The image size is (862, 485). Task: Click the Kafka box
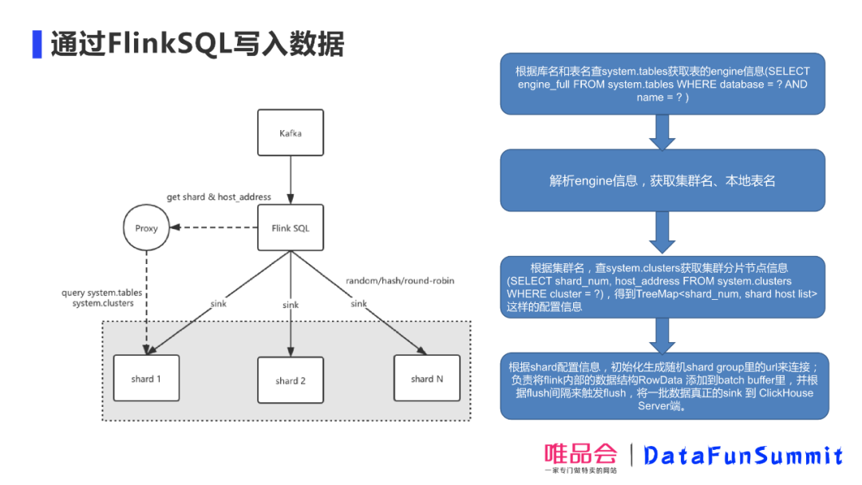pos(291,132)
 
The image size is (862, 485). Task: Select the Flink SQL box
pos(291,228)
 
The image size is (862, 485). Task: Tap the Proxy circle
pos(146,228)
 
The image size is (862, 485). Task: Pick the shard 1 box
pos(146,378)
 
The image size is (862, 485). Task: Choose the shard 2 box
pos(291,381)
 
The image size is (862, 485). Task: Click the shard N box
pos(427,378)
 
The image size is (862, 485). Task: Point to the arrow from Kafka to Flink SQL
pos(291,179)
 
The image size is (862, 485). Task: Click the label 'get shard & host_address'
pos(219,197)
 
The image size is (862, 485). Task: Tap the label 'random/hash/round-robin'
pos(400,281)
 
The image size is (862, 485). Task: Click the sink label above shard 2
pos(291,305)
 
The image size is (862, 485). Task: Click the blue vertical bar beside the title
pos(37,45)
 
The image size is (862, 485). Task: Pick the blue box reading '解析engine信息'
pos(662,181)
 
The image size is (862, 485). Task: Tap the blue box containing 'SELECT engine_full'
pos(662,85)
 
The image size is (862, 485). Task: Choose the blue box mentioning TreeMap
pos(662,287)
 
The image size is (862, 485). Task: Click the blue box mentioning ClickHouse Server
pos(662,386)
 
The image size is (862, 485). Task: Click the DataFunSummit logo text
pos(743,455)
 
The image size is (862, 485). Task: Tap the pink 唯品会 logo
pos(581,455)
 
